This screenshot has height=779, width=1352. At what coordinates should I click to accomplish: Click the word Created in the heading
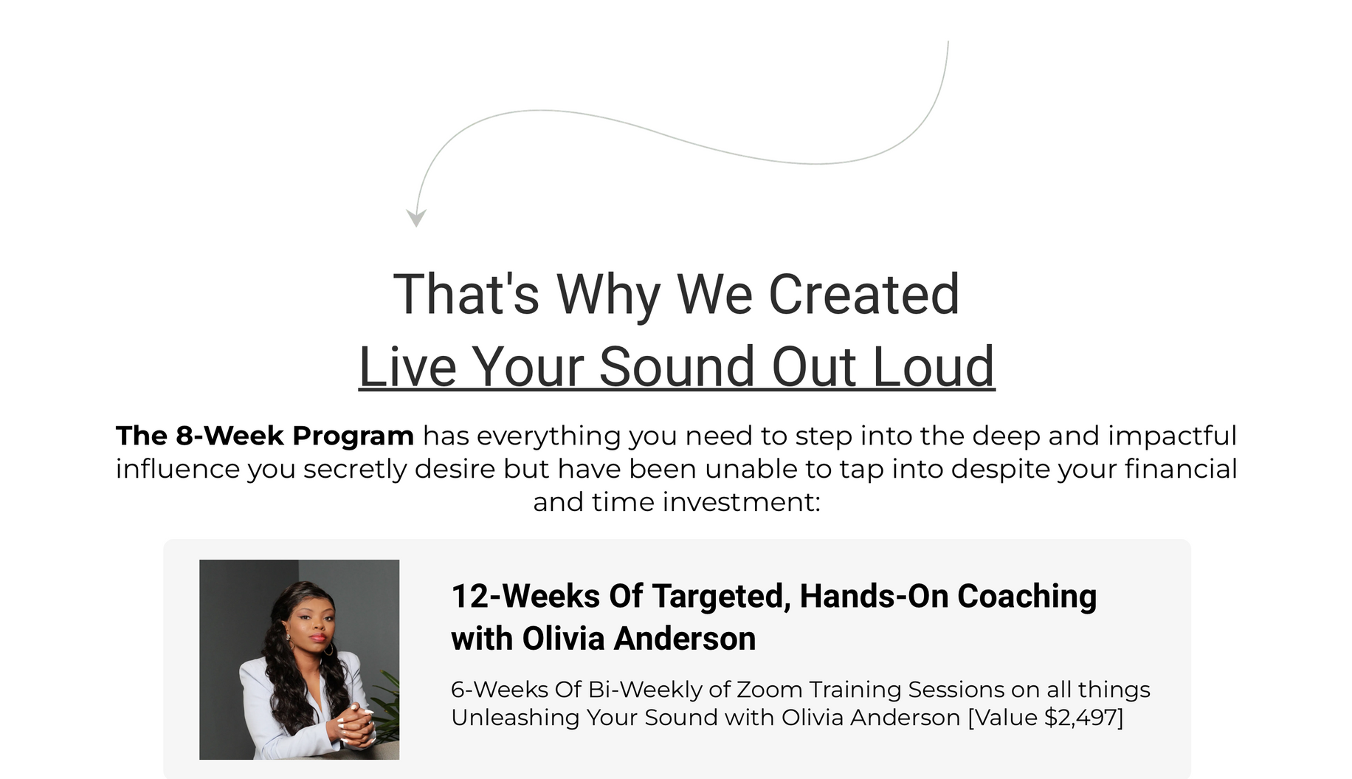click(x=863, y=295)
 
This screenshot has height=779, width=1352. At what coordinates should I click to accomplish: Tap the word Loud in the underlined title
click(x=934, y=366)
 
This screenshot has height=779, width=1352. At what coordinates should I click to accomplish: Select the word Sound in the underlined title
click(x=677, y=366)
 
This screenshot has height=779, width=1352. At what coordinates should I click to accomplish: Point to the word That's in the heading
click(x=466, y=295)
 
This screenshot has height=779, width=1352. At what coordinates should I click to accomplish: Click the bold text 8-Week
click(x=230, y=436)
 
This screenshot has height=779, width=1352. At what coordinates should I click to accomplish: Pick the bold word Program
click(x=353, y=436)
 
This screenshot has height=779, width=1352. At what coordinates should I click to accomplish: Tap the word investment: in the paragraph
click(x=743, y=502)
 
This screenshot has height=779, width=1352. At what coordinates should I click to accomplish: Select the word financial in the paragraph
click(x=1181, y=469)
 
